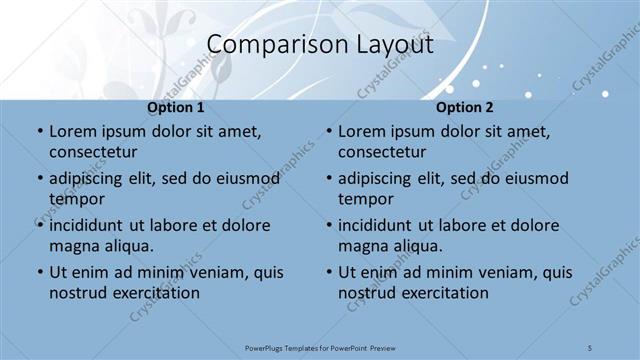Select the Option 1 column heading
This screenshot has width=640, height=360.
(x=176, y=107)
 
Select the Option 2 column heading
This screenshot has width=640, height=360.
(x=465, y=107)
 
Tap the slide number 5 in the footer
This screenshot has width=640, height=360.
(x=591, y=348)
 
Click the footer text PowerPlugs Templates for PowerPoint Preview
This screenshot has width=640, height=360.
(x=320, y=348)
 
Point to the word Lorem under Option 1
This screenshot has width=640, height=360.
(x=72, y=131)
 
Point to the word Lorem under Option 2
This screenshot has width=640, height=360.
(x=361, y=131)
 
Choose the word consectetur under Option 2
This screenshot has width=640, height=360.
(x=381, y=152)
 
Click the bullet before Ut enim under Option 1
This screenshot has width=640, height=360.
(x=39, y=272)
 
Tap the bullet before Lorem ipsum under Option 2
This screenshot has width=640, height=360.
(x=328, y=131)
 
